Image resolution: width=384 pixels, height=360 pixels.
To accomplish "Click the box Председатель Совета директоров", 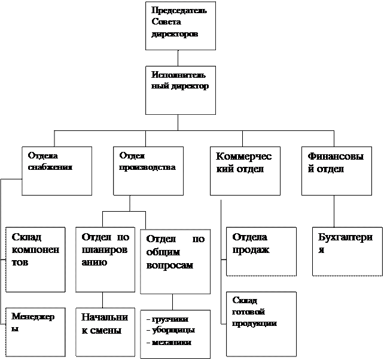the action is (x=181, y=26).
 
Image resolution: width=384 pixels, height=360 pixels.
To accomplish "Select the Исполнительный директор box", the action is (x=181, y=90).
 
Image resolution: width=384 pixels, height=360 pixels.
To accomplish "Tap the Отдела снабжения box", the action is (x=57, y=171).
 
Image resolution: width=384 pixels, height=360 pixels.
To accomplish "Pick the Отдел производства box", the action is (x=148, y=171).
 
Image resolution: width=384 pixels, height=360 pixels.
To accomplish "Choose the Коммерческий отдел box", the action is (x=245, y=171).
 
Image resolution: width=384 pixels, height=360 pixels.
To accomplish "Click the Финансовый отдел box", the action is (x=337, y=171).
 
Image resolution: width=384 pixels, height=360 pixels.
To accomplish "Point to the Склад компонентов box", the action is (x=35, y=260).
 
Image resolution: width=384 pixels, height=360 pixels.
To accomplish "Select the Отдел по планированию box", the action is (x=105, y=260).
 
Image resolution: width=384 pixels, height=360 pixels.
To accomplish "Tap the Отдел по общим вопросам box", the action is (x=175, y=261).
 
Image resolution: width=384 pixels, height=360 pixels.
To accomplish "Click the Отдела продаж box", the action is (x=261, y=252).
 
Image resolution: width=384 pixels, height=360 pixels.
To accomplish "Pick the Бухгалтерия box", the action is (x=348, y=252).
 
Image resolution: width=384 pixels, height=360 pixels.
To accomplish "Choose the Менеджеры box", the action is (x=35, y=332).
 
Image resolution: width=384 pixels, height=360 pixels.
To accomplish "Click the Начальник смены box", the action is (x=105, y=332).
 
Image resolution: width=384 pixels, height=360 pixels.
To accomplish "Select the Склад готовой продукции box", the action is (x=261, y=324).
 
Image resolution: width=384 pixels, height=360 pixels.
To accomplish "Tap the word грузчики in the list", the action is (x=170, y=319).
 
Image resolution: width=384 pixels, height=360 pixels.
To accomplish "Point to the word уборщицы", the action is (x=173, y=330).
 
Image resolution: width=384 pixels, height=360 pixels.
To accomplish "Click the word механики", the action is (x=172, y=342).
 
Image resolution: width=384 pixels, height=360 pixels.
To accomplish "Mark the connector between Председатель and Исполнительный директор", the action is (x=178, y=58).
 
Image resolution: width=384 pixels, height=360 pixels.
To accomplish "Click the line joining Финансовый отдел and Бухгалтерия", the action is (x=334, y=211).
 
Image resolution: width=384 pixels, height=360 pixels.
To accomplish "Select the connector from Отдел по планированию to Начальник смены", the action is (x=102, y=300).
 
